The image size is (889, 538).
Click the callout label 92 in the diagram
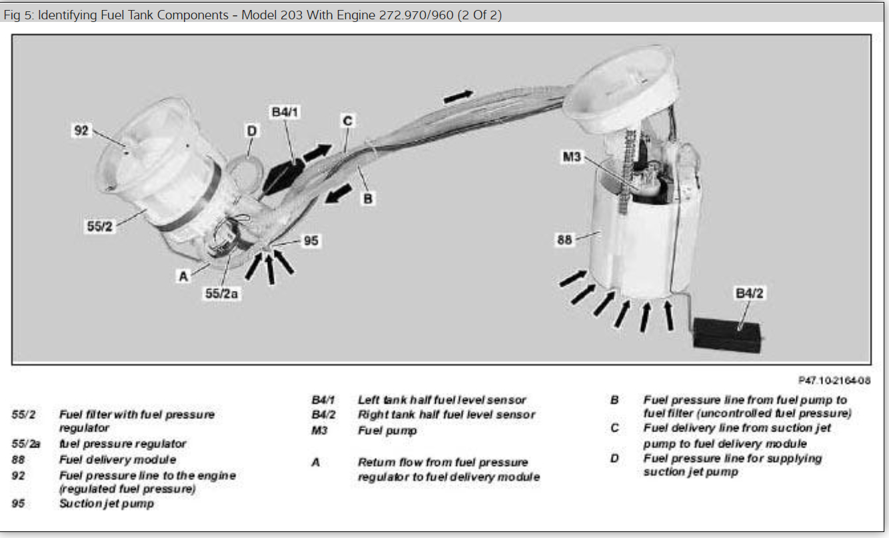click(81, 131)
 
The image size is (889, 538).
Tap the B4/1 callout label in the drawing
click(285, 113)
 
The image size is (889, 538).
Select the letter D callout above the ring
click(251, 131)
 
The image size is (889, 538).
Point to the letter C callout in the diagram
click(347, 121)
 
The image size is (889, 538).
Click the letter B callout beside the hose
click(367, 198)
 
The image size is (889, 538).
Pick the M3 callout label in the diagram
click(572, 157)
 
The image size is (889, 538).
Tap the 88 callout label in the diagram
click(564, 240)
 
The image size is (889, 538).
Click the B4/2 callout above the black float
click(748, 293)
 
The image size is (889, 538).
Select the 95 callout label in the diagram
click(311, 240)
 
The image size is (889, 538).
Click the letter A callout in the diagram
click(183, 276)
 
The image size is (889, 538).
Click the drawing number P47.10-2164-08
click(834, 380)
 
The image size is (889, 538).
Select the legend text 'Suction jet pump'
click(107, 503)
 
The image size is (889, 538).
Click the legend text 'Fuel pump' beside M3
click(387, 430)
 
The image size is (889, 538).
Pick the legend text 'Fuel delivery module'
click(117, 459)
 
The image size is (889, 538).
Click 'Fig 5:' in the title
click(19, 15)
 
